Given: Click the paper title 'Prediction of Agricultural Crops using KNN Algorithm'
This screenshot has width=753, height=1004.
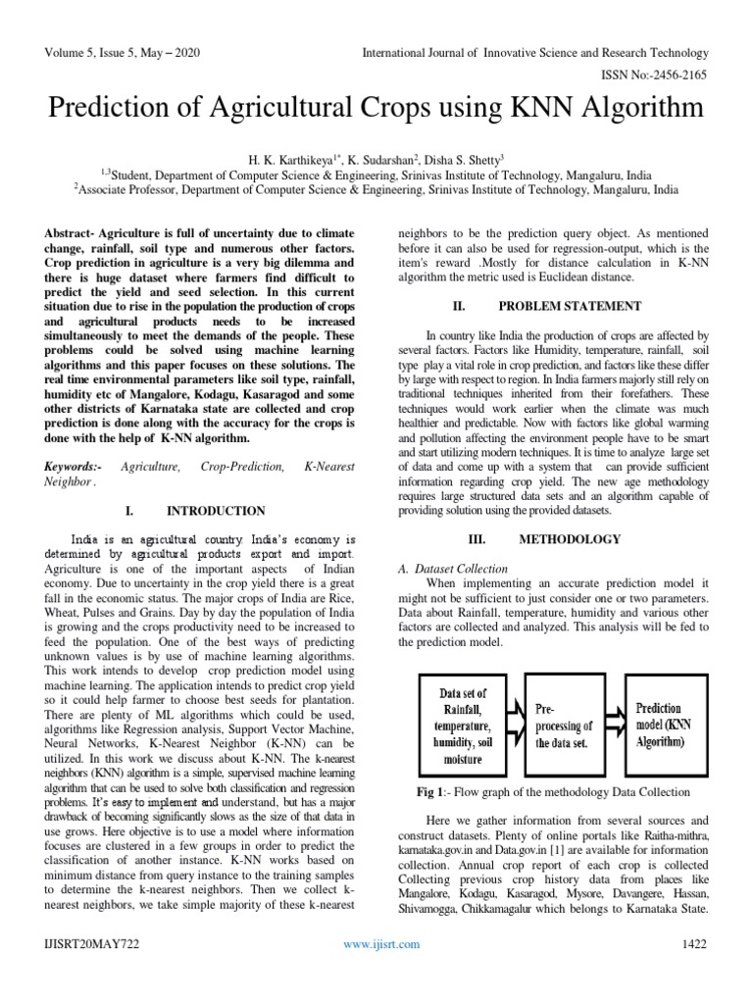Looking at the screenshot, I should click(x=376, y=105).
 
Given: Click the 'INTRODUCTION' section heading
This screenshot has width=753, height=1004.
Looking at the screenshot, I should click(x=216, y=511).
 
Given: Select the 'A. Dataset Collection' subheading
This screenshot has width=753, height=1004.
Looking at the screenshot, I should click(x=452, y=569).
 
